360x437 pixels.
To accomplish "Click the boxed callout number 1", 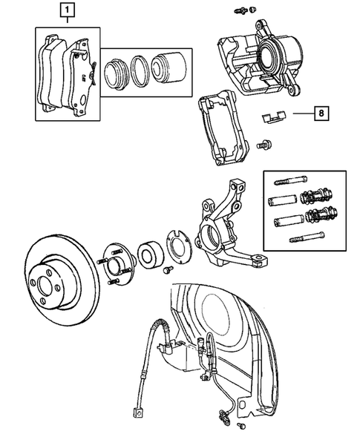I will click(67, 12).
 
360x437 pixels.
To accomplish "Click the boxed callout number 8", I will click(321, 114).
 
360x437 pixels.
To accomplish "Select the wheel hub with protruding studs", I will click(117, 261).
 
